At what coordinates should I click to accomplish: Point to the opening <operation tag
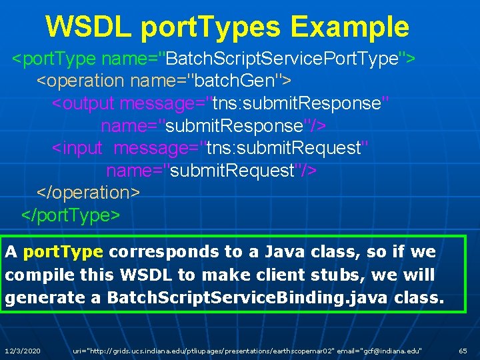coord(81,81)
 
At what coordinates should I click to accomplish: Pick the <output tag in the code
coord(83,104)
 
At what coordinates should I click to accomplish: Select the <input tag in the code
coord(77,147)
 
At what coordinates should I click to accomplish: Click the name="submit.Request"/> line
coord(211,170)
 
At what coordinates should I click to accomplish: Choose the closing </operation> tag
coord(88,192)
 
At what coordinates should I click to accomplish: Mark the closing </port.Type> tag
coord(71,215)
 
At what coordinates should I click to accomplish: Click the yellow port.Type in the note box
coord(63,252)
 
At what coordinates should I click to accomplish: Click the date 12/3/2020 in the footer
coord(23,350)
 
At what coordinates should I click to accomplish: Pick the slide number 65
coord(463,350)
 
